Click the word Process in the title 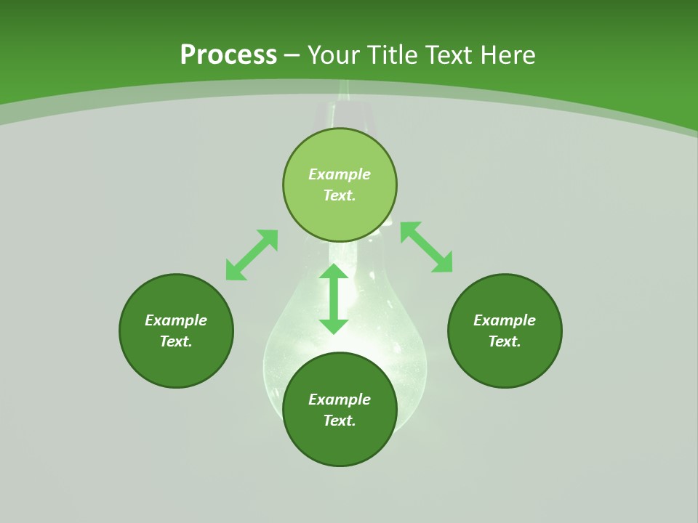[228, 55]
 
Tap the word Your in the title [335, 55]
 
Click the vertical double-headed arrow [334, 299]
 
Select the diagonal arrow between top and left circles [252, 255]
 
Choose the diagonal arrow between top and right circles [426, 247]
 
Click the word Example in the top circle [340, 174]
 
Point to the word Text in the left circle [176, 341]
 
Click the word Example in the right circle [505, 320]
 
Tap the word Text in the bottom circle [340, 421]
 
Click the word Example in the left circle [176, 320]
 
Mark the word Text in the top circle [340, 195]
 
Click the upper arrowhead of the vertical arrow [334, 271]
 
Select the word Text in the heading [449, 55]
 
